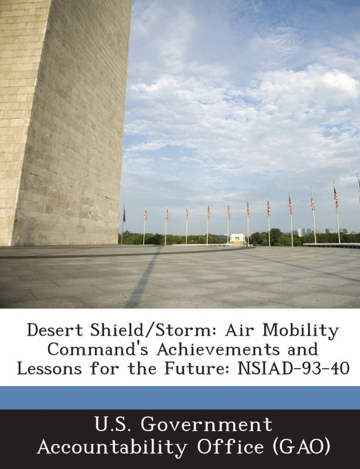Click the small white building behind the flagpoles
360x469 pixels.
[x=238, y=239]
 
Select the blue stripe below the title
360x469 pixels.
[x=180, y=397]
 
